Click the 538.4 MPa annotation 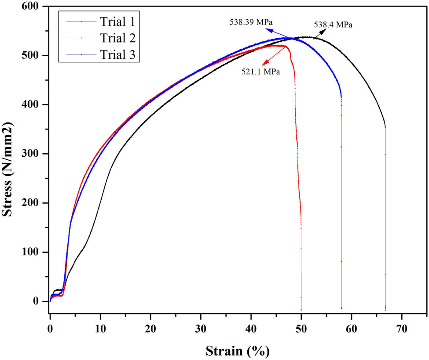(333, 25)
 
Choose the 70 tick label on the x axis (401, 327)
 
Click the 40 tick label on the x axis (251, 327)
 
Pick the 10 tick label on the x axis (100, 327)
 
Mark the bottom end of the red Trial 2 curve (301, 310)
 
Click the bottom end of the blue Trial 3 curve (341, 308)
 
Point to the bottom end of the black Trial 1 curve (385, 310)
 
